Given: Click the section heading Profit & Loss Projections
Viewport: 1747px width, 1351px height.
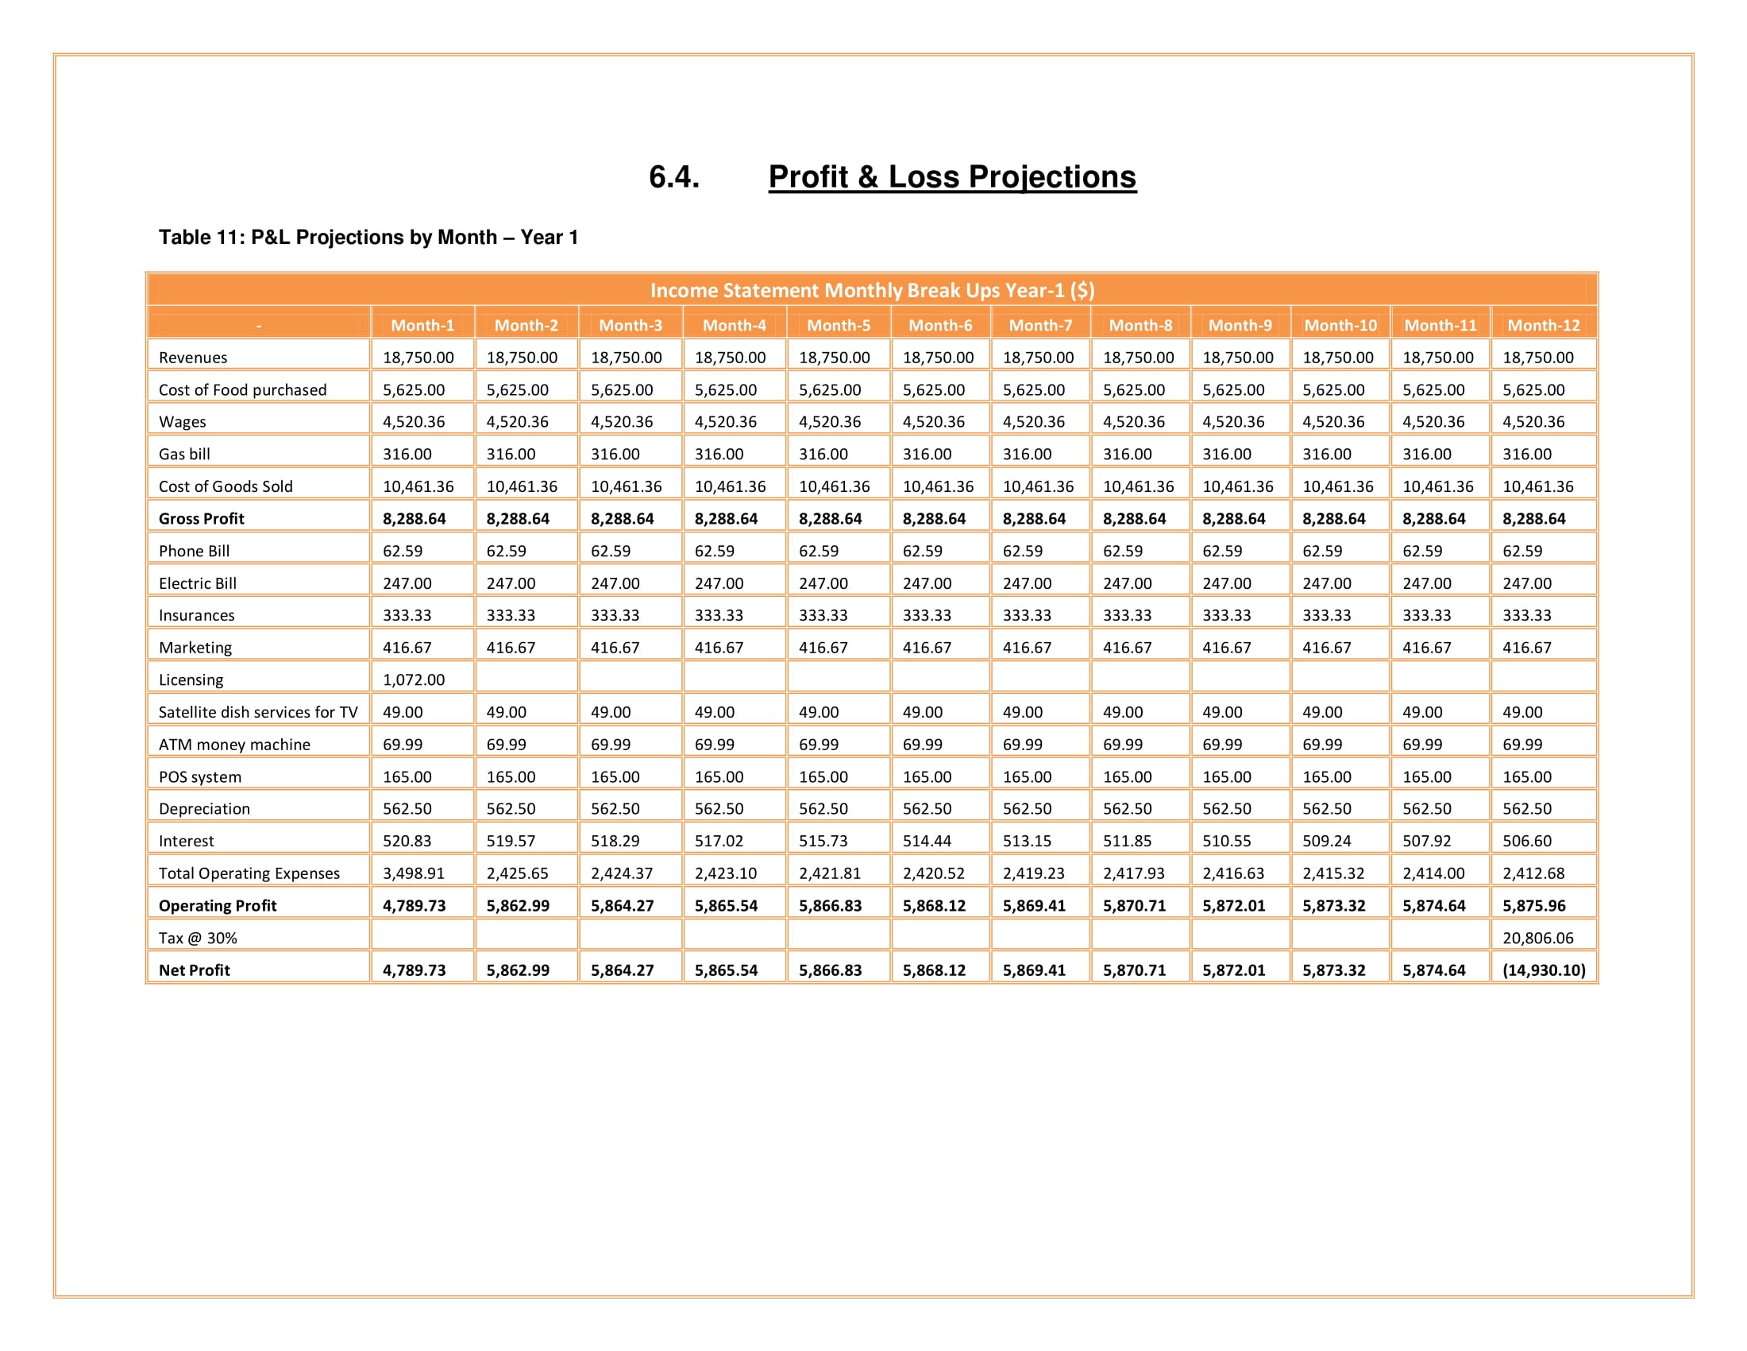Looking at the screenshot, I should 952,177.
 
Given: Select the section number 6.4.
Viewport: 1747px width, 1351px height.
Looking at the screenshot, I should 673,177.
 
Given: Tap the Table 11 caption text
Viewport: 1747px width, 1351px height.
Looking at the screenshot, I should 368,238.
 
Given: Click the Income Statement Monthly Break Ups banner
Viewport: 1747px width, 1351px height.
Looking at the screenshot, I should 872,290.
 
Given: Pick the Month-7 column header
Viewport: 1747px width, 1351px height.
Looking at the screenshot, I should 1040,325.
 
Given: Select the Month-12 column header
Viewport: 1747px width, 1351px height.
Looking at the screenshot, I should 1543,325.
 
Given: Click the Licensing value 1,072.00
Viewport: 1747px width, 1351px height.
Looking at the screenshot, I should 414,679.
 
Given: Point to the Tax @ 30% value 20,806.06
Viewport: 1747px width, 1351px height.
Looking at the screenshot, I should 1537,937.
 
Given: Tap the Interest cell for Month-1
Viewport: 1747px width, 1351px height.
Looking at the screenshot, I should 407,840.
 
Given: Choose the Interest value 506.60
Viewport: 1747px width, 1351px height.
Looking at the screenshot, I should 1526,840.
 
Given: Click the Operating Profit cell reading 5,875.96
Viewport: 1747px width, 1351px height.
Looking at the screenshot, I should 1533,905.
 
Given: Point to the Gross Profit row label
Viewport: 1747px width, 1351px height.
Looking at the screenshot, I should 202,519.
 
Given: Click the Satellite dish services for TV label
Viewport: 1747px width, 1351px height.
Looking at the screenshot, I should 257,711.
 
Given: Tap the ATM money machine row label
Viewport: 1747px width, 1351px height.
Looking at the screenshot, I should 234,745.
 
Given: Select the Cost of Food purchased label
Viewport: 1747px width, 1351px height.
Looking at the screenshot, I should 242,389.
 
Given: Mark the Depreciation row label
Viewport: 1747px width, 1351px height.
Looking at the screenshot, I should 204,808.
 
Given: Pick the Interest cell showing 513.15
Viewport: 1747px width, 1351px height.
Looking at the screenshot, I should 1027,840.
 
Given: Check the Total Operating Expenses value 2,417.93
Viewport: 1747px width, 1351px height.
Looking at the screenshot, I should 1133,873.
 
